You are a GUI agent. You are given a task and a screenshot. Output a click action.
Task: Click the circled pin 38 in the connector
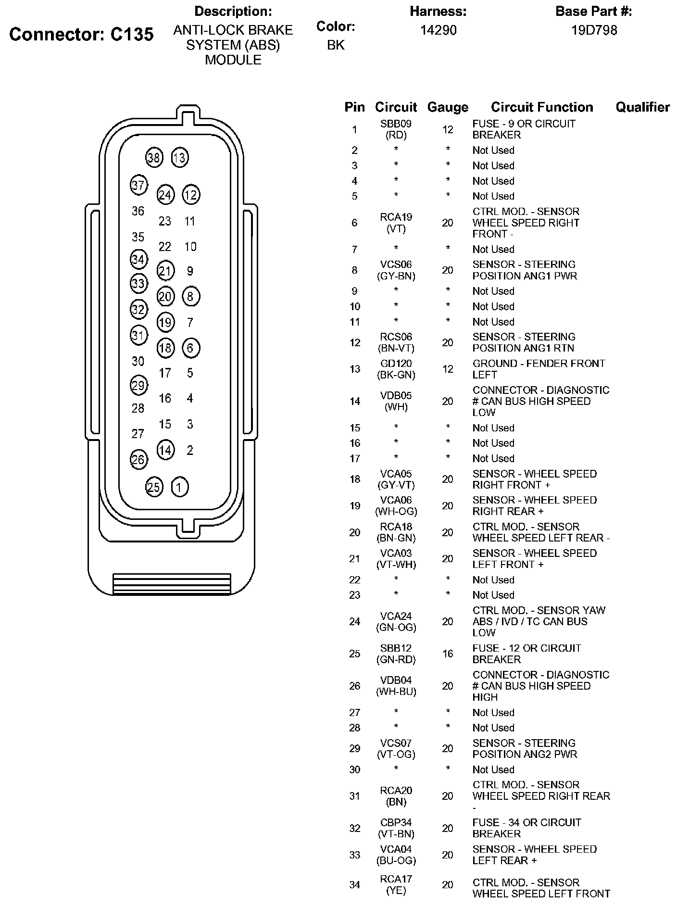coord(154,158)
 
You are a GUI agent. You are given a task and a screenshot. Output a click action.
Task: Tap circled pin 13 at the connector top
coord(180,158)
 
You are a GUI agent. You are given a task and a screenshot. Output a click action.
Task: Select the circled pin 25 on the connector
coord(154,487)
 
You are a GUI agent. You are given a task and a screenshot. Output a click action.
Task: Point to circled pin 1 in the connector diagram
coord(180,487)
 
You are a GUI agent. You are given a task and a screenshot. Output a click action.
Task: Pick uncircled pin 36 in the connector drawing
coord(138,211)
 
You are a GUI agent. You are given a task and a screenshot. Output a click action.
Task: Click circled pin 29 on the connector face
coord(138,385)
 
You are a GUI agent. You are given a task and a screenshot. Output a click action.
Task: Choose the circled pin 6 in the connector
coord(190,348)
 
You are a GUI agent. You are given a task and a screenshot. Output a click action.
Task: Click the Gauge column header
coord(447,107)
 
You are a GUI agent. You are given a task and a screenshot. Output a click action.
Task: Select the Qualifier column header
coord(642,107)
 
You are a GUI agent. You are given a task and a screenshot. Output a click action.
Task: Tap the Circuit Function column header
coord(542,107)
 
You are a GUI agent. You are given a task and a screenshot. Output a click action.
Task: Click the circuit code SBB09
coord(396,124)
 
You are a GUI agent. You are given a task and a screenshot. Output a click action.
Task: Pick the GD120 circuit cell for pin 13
coord(396,364)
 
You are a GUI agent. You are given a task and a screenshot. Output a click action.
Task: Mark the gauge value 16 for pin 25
coord(447,654)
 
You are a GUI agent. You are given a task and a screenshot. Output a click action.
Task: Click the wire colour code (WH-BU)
coord(396,692)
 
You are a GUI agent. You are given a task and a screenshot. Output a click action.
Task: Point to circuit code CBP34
coord(396,823)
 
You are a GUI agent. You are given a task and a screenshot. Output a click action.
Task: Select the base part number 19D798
coord(594,30)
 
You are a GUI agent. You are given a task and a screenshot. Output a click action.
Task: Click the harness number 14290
coord(438,30)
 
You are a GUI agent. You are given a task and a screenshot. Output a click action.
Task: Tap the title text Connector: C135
coord(81,34)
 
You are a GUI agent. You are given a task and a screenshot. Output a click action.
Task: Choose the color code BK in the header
coord(336,45)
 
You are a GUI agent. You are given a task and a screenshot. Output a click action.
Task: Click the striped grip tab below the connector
coord(172,584)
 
